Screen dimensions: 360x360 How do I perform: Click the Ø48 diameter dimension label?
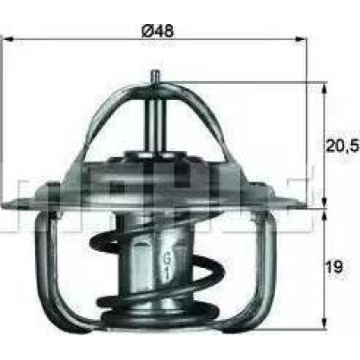coord(158,31)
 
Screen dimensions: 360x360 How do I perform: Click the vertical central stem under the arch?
coord(154,120)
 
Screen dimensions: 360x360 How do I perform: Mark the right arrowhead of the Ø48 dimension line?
coord(304,37)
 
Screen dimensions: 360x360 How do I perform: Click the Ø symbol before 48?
coord(147,31)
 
